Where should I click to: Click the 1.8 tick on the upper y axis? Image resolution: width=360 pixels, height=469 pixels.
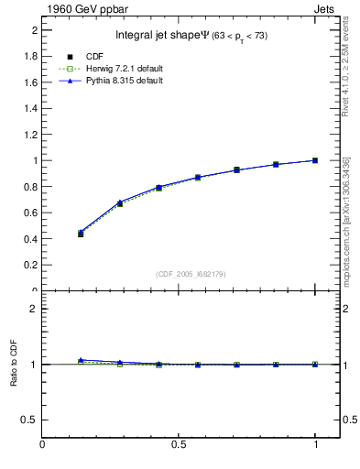(31, 56)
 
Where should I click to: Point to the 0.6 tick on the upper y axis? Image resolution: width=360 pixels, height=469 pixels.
(31, 213)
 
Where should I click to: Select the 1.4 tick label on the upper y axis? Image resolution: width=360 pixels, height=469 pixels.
(31, 108)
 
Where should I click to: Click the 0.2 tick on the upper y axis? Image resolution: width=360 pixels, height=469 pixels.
(31, 265)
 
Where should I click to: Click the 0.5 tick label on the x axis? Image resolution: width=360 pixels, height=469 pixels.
(179, 446)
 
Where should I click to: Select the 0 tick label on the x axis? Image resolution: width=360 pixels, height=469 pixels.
(42, 446)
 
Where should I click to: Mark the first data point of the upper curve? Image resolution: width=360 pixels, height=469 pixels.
(81, 233)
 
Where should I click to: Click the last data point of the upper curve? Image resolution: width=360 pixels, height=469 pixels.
(315, 160)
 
